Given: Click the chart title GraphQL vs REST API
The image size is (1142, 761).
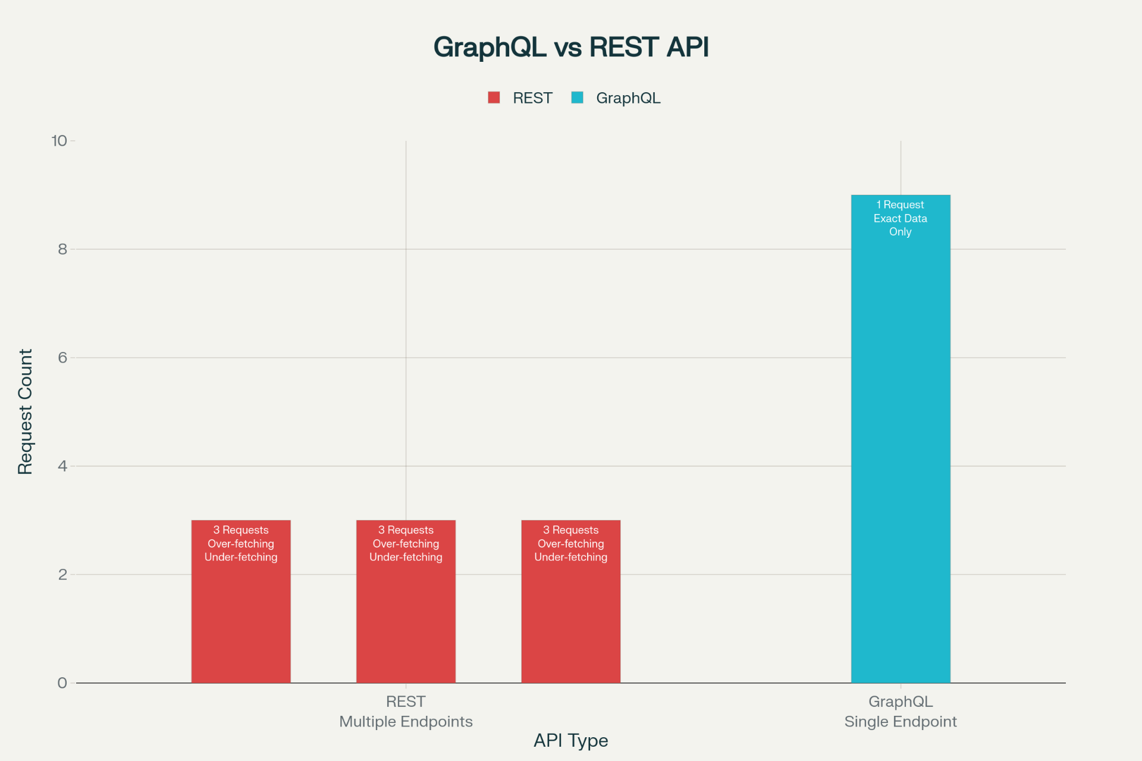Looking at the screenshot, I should (571, 48).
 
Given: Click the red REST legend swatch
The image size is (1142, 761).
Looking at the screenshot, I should (494, 98).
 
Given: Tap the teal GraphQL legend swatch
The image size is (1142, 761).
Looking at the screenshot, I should (577, 98).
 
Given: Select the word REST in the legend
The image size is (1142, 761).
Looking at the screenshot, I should (532, 98).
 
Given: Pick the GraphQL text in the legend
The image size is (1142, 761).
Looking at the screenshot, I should (628, 98).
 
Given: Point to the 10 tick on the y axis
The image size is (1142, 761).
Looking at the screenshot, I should (59, 141).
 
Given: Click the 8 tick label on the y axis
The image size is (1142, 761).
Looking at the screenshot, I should (62, 249).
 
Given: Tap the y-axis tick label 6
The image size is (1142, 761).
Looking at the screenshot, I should (62, 357).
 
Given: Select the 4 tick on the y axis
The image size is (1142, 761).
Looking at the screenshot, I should (62, 466).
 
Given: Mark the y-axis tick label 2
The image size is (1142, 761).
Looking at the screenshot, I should (62, 574).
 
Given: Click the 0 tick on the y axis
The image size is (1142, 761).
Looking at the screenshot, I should (62, 683).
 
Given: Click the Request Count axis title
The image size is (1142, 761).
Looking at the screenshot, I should (25, 411).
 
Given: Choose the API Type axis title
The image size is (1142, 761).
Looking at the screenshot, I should (571, 740).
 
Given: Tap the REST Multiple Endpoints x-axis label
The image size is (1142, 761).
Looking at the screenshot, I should (406, 712).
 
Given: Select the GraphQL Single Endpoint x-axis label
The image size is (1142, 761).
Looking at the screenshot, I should (901, 712).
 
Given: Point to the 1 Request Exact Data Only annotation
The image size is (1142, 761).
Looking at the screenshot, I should (901, 218).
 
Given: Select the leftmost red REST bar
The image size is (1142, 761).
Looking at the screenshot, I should (241, 618).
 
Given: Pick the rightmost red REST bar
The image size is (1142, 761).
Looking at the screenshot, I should (571, 618).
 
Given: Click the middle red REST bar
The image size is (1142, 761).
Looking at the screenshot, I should (406, 618).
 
